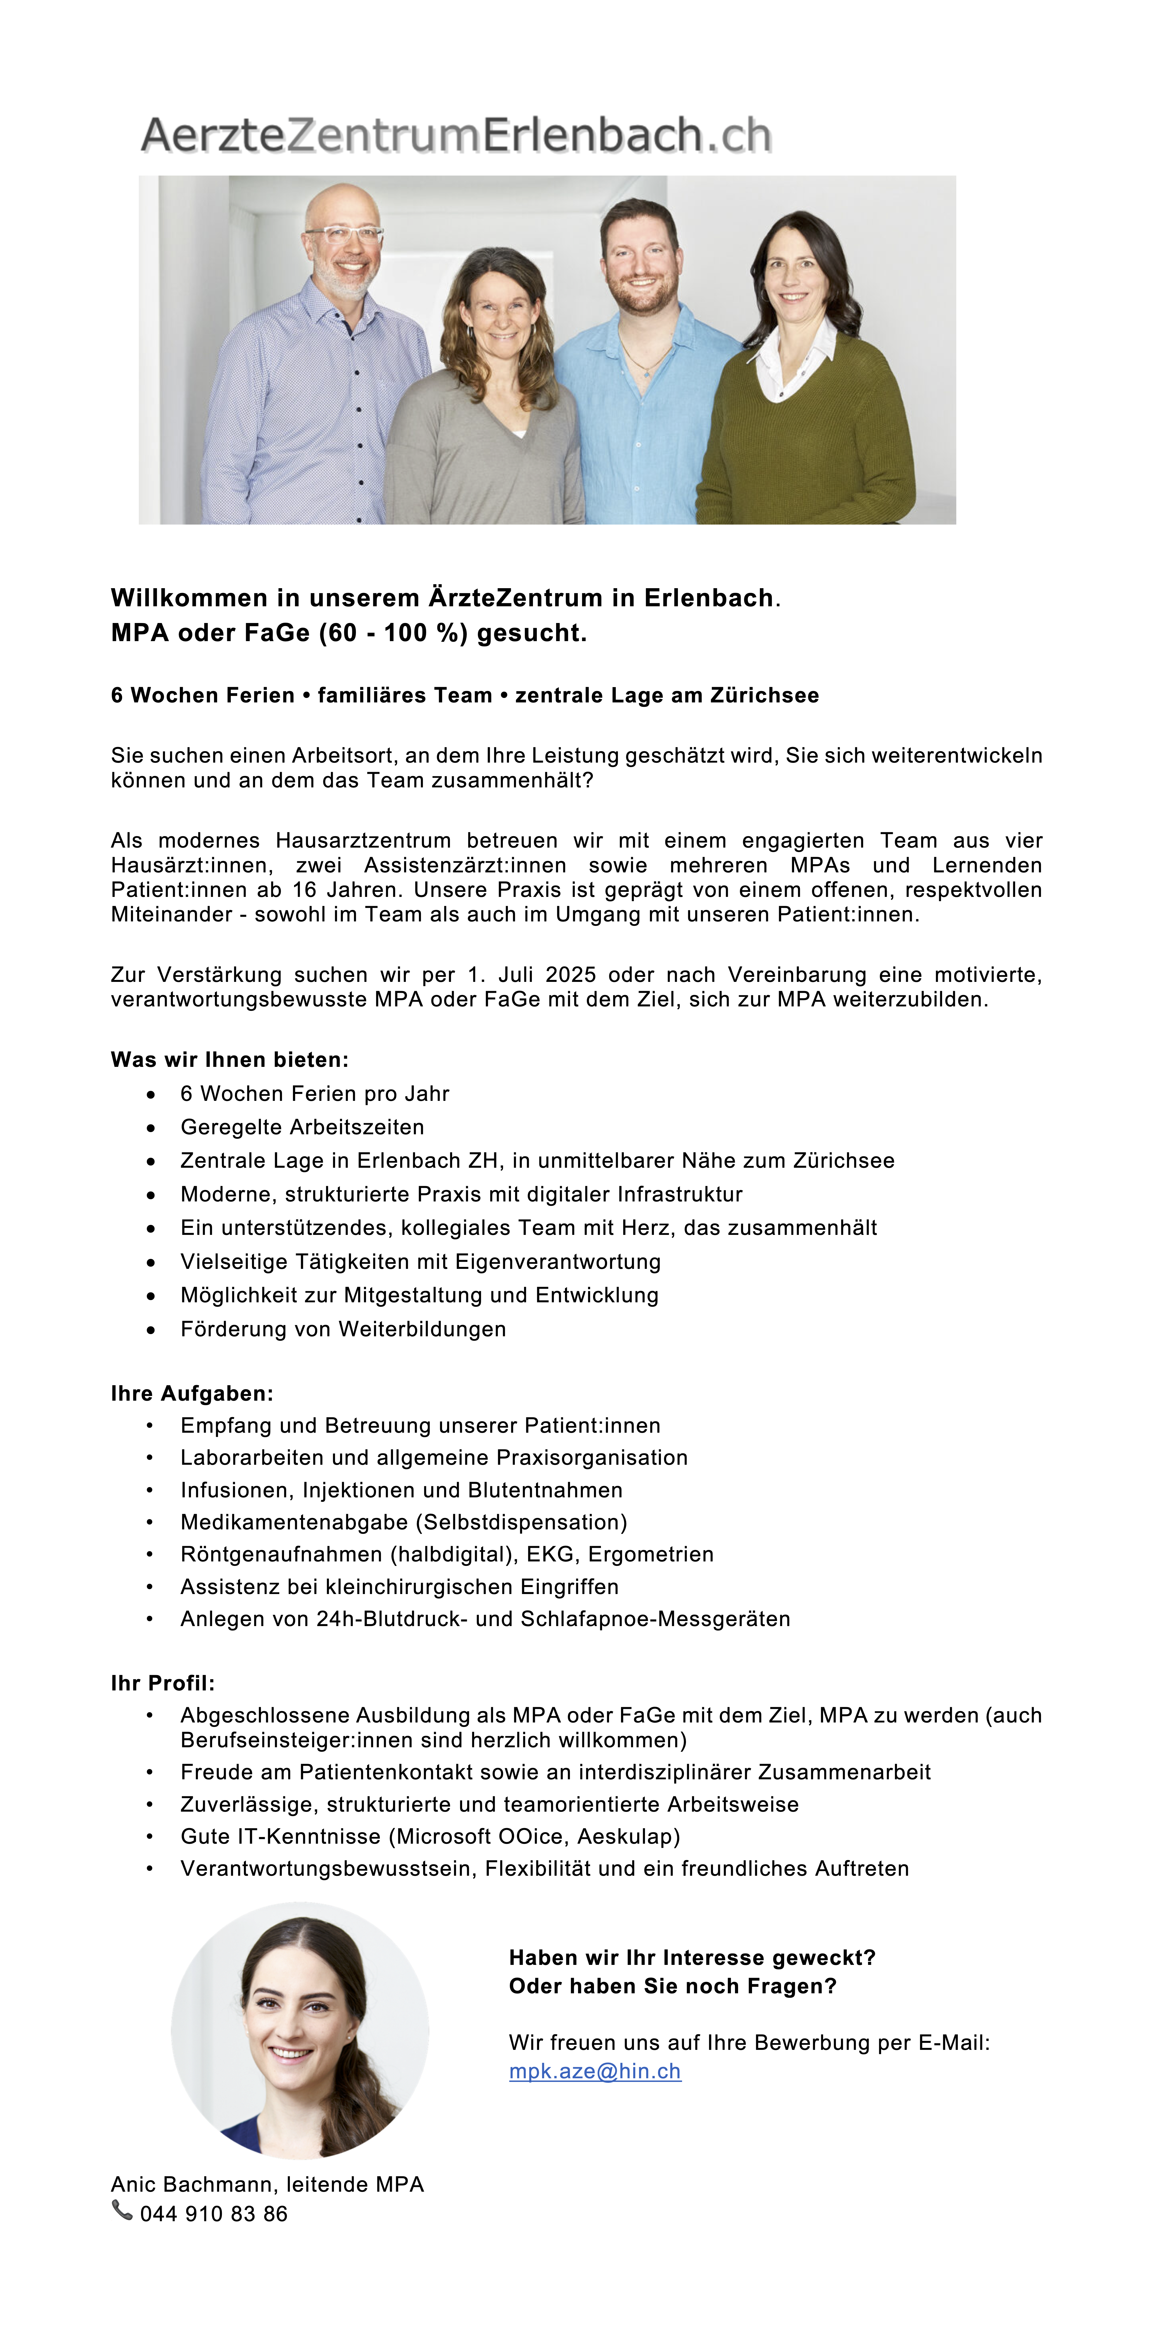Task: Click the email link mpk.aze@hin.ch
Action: click(595, 2071)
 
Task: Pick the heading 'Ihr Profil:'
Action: click(163, 1683)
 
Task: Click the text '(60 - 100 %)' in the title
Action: click(394, 632)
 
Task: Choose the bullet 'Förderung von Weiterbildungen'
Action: click(343, 1329)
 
